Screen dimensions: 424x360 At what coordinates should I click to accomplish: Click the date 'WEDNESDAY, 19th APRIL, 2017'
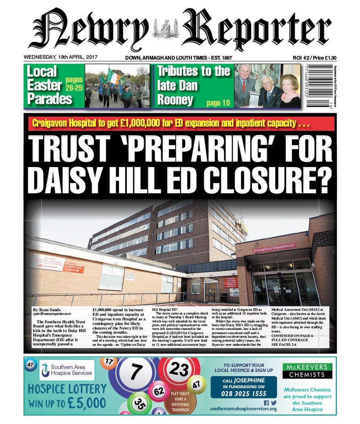58,58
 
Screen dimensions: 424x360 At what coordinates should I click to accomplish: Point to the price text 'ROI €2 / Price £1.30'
317,58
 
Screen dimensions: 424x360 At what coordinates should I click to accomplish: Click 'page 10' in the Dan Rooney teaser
218,103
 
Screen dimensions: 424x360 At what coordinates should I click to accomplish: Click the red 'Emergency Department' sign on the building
274,248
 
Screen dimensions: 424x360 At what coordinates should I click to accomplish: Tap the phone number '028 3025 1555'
243,393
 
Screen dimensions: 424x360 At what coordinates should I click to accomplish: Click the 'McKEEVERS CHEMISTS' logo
307,371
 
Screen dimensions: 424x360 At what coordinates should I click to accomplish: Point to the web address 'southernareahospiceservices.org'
243,409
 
